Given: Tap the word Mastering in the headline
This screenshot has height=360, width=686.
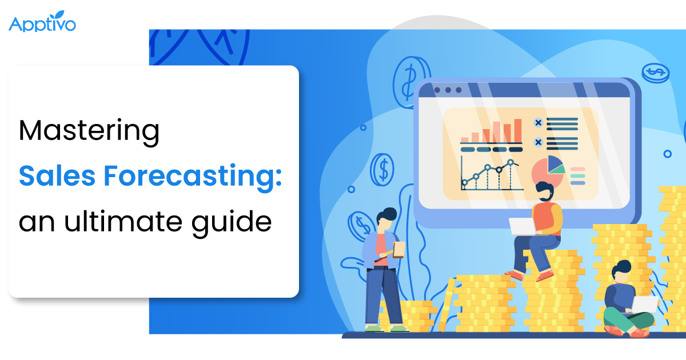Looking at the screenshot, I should click(89, 132).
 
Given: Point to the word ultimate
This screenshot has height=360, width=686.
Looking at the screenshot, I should click(122, 220).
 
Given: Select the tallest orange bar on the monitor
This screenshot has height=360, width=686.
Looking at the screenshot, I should click(517, 130).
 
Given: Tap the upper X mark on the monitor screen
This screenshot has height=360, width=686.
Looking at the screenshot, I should click(537, 123).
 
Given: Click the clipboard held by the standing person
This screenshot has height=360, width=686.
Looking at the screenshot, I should click(398, 250).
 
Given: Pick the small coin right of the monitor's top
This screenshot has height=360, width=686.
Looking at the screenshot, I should click(655, 73).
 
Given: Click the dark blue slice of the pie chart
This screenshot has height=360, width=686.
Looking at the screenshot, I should click(555, 164).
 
